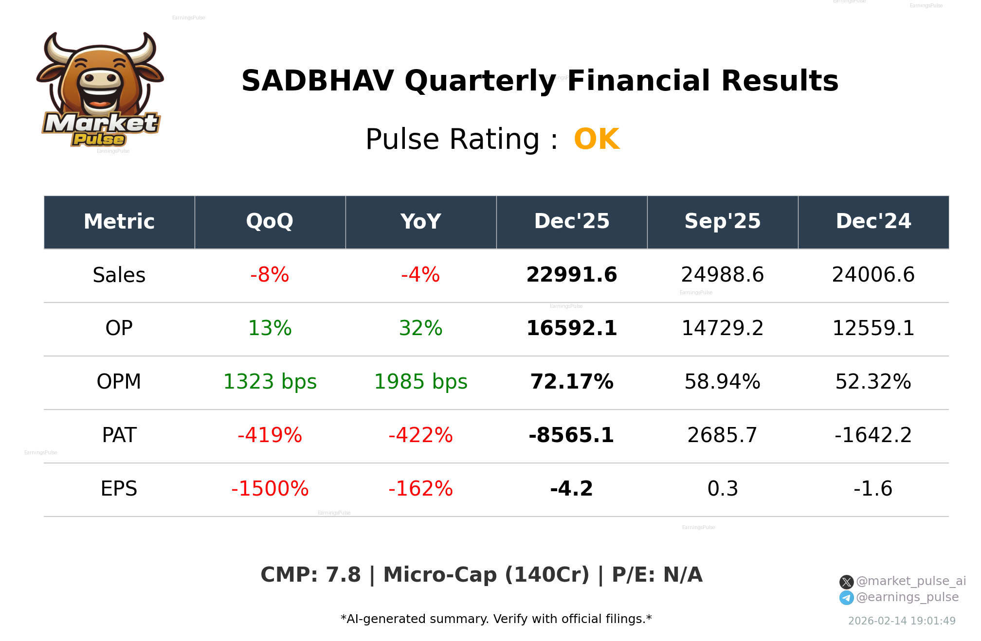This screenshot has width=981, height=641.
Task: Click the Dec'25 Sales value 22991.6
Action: pos(571,275)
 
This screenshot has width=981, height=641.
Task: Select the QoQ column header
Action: pos(270,222)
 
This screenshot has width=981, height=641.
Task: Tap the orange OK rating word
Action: pos(596,140)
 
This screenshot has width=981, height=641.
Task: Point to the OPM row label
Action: pos(119,382)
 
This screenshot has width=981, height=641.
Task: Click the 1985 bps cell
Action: pos(420,382)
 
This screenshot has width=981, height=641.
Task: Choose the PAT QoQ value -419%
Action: pos(270,435)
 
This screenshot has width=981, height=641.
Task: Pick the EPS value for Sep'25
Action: pos(722,489)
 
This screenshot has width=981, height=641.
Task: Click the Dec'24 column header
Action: pos(873,222)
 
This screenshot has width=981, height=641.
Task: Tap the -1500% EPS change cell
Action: pos(270,489)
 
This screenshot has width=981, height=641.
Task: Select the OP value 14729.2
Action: pos(722,328)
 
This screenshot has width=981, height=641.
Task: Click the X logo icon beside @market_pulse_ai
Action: pos(846,582)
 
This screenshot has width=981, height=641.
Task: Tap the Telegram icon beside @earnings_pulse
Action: pos(846,598)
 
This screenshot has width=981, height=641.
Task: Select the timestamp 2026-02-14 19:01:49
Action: pos(901,621)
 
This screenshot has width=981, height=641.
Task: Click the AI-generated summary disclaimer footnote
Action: pos(496,619)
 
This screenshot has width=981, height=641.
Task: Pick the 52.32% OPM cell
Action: pos(873,382)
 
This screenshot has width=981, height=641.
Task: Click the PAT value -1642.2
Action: pos(873,435)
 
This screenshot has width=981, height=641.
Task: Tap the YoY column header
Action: pos(420,222)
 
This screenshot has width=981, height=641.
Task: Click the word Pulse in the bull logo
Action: pos(99,140)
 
